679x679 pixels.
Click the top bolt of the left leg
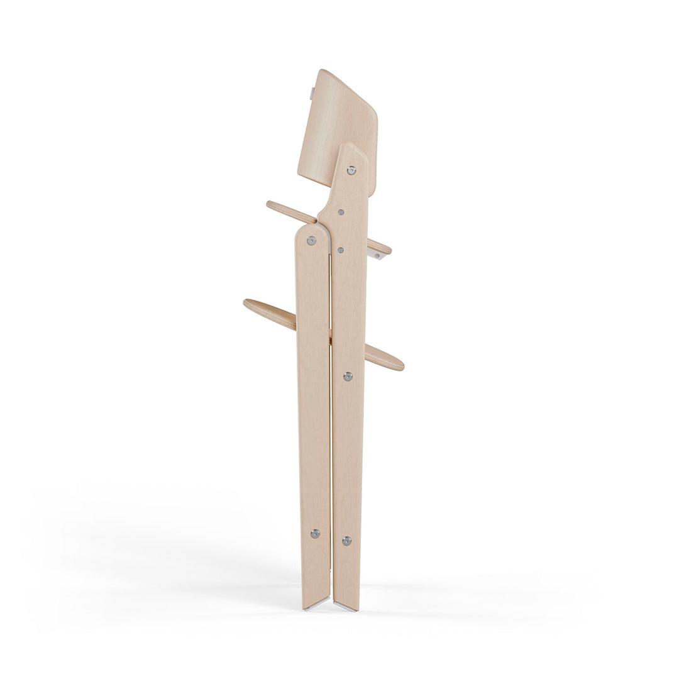(x=312, y=240)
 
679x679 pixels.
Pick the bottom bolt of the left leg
(x=315, y=533)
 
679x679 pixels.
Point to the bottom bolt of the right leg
(x=346, y=540)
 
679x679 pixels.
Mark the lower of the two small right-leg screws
(x=340, y=250)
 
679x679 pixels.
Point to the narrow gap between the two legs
(x=330, y=440)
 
